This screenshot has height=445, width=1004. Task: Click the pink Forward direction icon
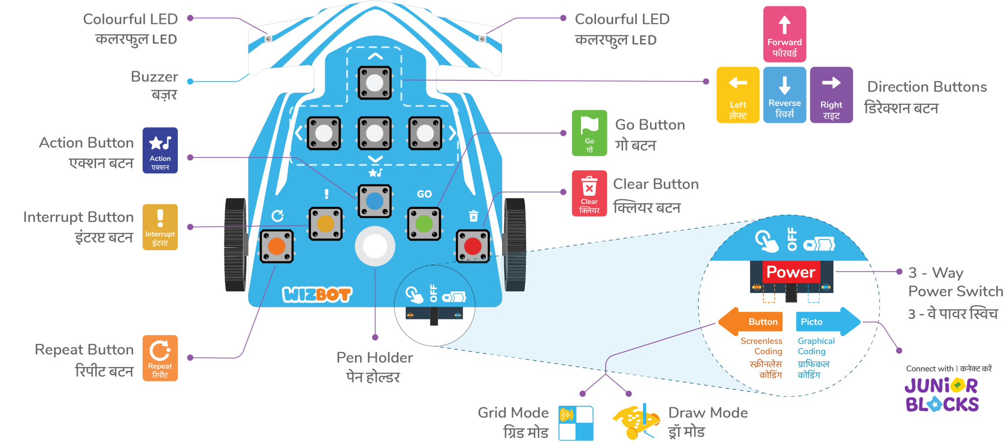pos(784,34)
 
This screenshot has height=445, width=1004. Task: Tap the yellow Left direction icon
pos(738,95)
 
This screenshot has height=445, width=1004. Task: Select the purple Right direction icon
pos(831,95)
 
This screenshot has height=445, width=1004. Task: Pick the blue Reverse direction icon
pos(784,95)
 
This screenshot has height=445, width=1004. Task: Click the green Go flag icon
pos(589,133)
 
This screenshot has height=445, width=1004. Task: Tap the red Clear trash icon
pos(589,193)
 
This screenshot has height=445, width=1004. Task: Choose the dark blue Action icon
pos(160,150)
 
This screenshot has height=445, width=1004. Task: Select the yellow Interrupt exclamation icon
pos(160,227)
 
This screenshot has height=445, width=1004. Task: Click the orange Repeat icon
pos(160,358)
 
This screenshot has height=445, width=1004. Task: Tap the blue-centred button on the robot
pos(375,201)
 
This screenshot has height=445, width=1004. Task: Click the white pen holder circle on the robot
pos(375,246)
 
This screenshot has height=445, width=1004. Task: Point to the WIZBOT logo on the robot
pos(317,294)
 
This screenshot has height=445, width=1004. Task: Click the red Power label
pos(791,272)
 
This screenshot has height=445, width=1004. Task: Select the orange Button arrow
pos(751,322)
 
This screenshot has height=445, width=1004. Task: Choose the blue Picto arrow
pos(828,322)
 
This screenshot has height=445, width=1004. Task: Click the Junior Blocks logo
pos(942,394)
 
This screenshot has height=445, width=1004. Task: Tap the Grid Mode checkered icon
pos(576,423)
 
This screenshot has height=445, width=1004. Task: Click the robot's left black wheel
pos(236,244)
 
